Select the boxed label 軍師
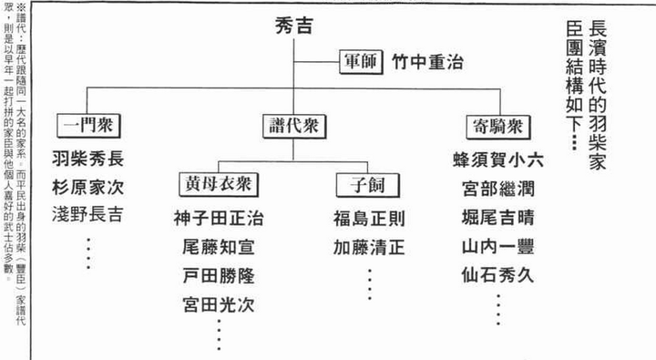pos(362,62)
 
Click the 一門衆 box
pos(88,125)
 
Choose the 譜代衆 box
pos(293,125)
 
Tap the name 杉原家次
pos(88,188)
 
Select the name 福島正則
pos(368,220)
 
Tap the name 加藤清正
pos(368,247)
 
